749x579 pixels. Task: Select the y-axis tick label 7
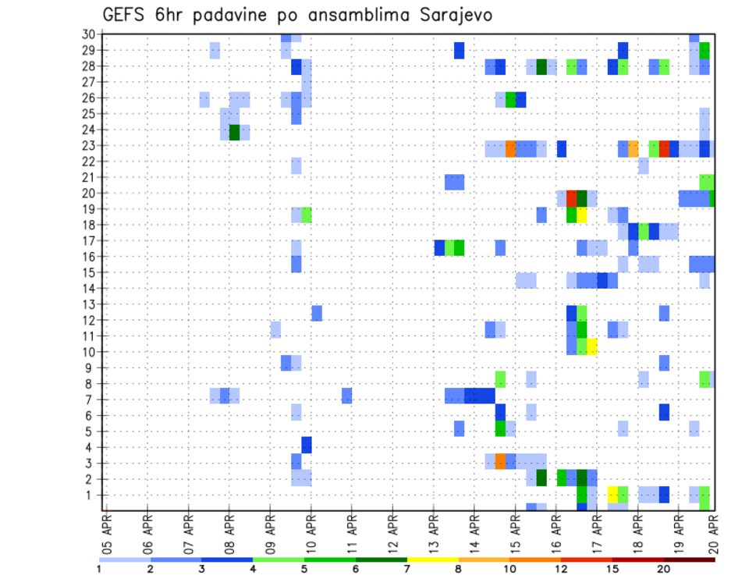click(x=91, y=400)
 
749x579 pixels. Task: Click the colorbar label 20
click(x=663, y=568)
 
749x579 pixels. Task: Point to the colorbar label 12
click(x=561, y=568)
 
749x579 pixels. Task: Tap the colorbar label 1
click(x=100, y=568)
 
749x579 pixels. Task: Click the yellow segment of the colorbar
click(x=433, y=559)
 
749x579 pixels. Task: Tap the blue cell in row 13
click(x=317, y=313)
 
